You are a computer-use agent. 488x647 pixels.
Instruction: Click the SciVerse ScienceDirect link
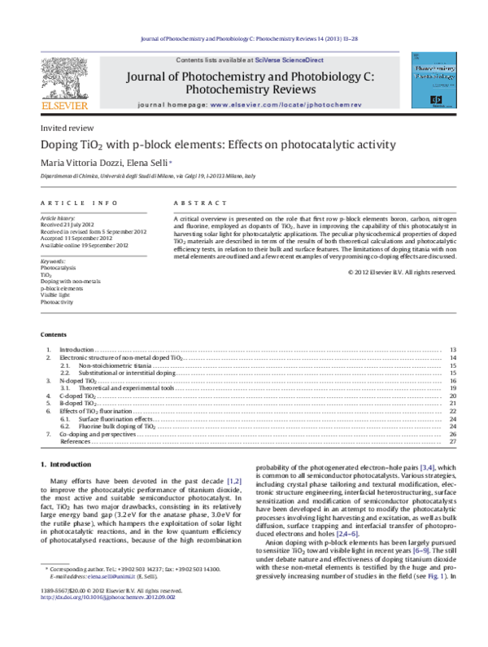[x=290, y=61]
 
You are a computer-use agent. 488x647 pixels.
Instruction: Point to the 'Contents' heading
[x=54, y=335]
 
